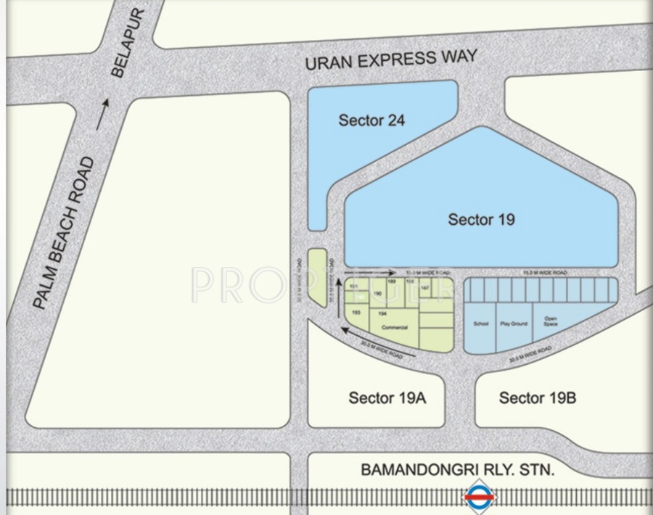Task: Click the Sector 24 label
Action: click(371, 120)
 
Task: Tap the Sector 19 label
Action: click(481, 219)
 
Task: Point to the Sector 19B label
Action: click(538, 397)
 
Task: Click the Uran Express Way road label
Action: click(391, 59)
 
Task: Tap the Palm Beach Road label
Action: click(65, 233)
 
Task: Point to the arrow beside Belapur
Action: click(104, 114)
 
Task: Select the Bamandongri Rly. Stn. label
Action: click(458, 471)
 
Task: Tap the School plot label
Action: click(480, 324)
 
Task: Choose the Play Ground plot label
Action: click(514, 324)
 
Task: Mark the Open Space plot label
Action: click(551, 321)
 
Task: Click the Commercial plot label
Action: click(394, 328)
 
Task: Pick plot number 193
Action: click(356, 312)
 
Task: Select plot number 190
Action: click(377, 294)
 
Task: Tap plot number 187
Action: click(425, 287)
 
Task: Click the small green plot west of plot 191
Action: click(318, 276)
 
